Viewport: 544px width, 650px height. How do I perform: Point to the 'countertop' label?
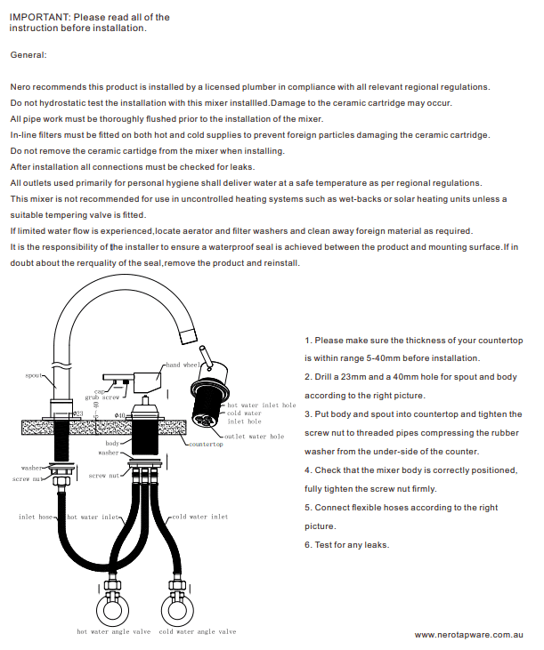tap(207, 444)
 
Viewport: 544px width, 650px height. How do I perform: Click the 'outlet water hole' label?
tap(254, 437)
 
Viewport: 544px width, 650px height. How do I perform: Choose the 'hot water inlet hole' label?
tap(261, 405)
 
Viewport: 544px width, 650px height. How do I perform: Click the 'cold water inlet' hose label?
tap(199, 517)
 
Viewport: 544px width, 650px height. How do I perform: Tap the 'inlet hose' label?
tap(37, 517)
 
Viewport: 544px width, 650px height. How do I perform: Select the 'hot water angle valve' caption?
tap(112, 632)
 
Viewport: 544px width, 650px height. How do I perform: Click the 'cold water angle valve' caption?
tap(198, 632)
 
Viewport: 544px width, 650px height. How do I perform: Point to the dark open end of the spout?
tap(187, 335)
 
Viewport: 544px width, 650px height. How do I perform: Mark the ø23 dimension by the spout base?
tap(77, 413)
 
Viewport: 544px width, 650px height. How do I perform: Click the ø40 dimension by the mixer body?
tap(119, 415)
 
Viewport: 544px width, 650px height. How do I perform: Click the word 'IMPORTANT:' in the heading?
tap(40, 17)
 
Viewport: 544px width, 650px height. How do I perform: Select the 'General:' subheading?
tap(28, 55)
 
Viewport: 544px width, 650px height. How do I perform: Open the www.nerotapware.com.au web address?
tap(468, 635)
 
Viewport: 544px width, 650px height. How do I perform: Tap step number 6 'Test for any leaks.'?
tap(347, 545)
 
